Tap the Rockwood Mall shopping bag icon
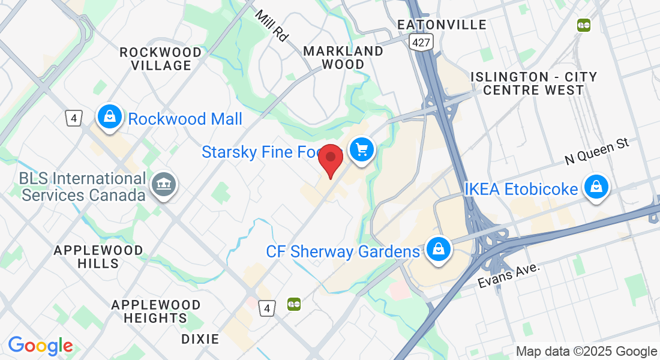coord(110,117)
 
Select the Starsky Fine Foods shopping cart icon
coord(361,150)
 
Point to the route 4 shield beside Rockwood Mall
coord(74,118)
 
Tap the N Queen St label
coord(596,151)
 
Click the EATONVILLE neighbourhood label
coord(442,25)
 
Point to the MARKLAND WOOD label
coord(343,58)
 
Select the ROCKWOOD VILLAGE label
coord(161,59)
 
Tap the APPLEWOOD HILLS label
coord(98,257)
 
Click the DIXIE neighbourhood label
coord(200,339)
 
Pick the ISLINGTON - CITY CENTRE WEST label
coord(533,83)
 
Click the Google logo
coord(40,346)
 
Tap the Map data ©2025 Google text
coord(586,352)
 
